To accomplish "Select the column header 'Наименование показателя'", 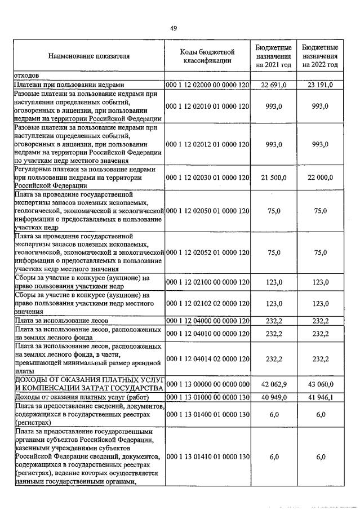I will pyautogui.click(x=88, y=56).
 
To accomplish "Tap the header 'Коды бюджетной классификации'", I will pyautogui.click(x=207, y=56).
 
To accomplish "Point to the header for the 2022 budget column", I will pyautogui.click(x=320, y=56).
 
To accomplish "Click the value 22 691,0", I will pyautogui.click(x=274, y=85).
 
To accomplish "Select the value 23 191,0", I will pyautogui.click(x=320, y=85).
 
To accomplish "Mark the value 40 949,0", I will pyautogui.click(x=274, y=398).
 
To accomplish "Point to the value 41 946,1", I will pyautogui.click(x=320, y=398).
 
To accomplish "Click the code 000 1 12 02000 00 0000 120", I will pyautogui.click(x=207, y=85).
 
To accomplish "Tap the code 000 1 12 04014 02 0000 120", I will pyautogui.click(x=207, y=358).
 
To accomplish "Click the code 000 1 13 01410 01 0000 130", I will pyautogui.click(x=207, y=456).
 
